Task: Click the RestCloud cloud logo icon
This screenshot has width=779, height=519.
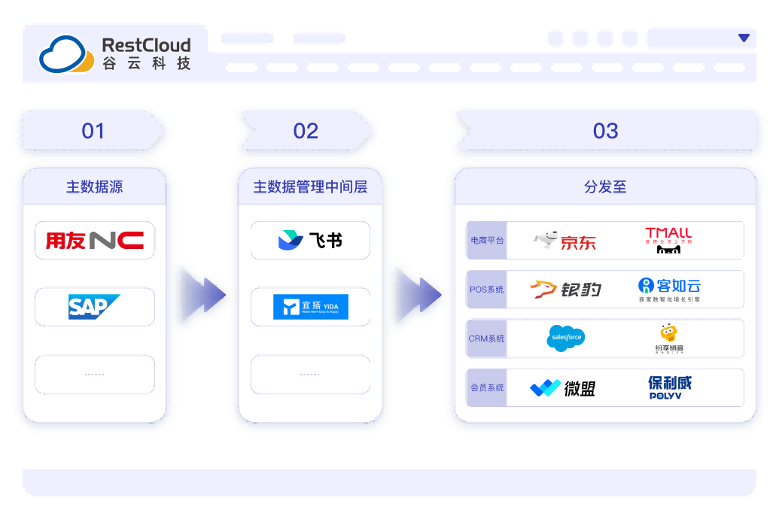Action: point(66,54)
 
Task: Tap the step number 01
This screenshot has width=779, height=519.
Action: point(93,131)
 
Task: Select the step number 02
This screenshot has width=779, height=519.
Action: point(306,131)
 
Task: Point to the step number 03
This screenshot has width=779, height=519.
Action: point(605,131)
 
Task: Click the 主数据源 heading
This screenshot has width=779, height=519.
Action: point(94,187)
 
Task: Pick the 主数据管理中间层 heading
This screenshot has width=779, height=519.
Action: point(310,187)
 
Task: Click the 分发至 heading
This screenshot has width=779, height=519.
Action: point(605,187)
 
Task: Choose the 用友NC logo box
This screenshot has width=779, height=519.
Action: point(95,241)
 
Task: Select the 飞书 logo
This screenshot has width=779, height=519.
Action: point(310,241)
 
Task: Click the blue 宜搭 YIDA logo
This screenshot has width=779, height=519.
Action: point(310,307)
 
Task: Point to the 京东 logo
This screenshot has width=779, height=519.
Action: point(565,241)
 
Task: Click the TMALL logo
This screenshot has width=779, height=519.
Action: point(668,240)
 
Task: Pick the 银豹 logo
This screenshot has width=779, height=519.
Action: point(565,289)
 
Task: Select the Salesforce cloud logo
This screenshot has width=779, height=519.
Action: point(565,338)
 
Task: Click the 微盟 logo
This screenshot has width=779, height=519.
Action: point(563,388)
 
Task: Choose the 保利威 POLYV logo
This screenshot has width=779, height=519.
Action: point(668,387)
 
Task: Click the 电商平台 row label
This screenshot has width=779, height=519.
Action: point(487,241)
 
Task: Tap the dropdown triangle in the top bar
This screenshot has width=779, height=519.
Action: point(744,38)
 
